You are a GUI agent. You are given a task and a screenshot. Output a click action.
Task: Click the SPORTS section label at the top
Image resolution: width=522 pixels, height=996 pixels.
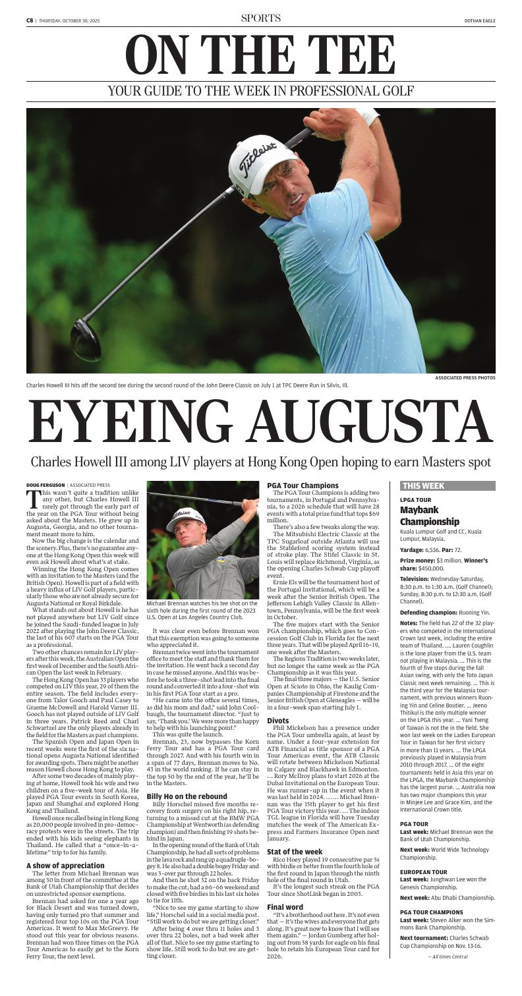[260, 18]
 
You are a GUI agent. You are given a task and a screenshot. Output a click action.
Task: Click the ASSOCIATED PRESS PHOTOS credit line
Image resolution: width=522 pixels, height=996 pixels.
[465, 377]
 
